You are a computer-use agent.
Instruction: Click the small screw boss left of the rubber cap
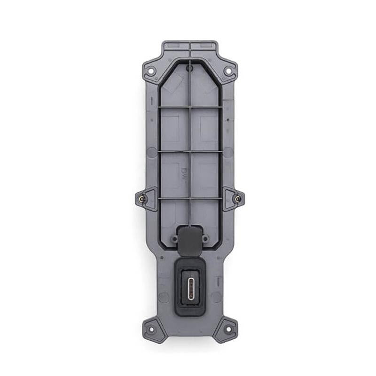174,239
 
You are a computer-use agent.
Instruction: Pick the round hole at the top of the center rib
189,69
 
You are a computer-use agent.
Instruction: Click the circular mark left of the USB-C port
164,297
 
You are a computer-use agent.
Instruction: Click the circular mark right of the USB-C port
216,297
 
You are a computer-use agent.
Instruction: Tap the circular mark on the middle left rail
152,152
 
